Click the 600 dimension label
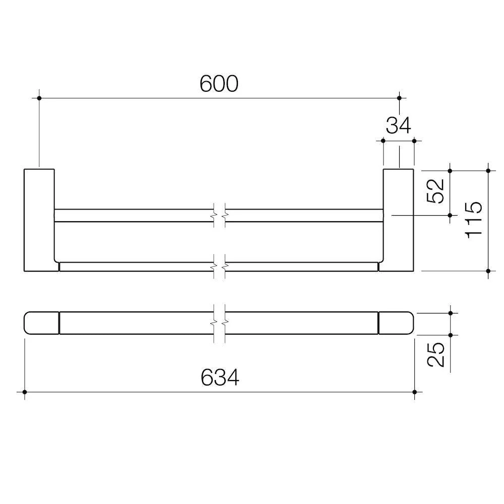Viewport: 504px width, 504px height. point(219,84)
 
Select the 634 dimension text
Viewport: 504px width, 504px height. point(220,377)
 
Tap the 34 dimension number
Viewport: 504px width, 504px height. point(398,125)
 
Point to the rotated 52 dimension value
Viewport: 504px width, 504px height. point(435,191)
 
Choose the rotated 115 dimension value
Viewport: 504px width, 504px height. point(474,220)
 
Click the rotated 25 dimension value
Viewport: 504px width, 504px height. point(435,354)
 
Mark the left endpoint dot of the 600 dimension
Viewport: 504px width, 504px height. point(39,98)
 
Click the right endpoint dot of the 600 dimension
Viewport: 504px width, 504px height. point(399,98)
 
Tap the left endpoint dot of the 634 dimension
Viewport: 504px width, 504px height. point(25,392)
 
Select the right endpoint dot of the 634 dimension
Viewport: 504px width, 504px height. point(414,392)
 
